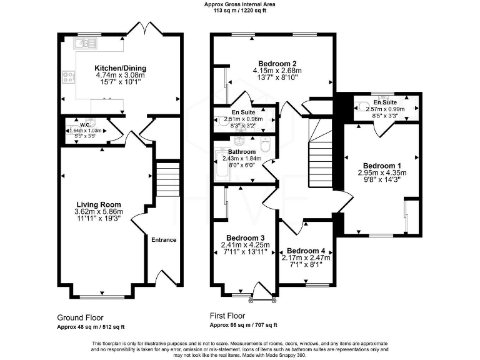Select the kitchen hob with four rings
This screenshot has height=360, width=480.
[68, 78]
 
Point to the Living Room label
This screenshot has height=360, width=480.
[99, 204]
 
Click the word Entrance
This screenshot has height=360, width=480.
[164, 240]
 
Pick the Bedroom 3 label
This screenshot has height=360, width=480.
[245, 237]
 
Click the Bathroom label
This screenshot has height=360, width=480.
[241, 151]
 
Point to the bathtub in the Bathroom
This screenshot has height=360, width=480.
[221, 166]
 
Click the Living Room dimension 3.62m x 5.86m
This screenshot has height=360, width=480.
[99, 212]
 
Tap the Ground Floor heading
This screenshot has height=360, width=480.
[80, 317]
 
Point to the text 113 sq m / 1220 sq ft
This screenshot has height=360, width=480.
[239, 10]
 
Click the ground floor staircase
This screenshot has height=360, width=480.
[166, 179]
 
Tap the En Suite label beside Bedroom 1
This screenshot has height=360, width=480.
[385, 101]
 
